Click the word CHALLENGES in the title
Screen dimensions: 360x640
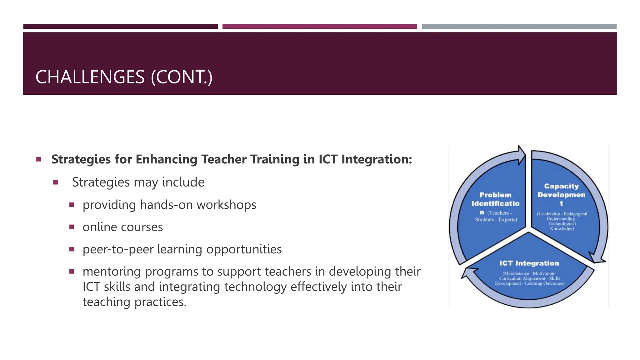(90, 77)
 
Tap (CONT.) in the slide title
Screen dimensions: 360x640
(182, 77)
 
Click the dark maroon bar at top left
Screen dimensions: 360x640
(120, 27)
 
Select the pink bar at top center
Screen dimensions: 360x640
(319, 27)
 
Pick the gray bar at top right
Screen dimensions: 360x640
(519, 27)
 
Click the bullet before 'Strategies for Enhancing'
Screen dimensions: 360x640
(39, 159)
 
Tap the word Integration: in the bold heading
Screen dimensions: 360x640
(377, 159)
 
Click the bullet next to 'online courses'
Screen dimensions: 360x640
(72, 227)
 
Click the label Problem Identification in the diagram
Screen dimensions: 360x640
(495, 199)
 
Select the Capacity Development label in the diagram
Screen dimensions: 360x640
(561, 191)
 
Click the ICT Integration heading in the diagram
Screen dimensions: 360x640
(529, 263)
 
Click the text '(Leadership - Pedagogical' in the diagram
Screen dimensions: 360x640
(562, 214)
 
